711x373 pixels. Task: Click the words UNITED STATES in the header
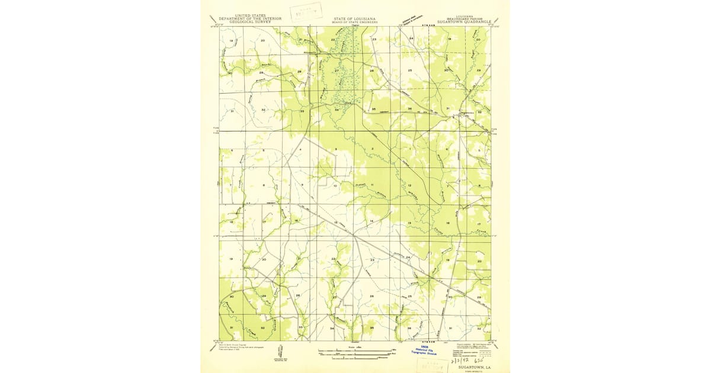[250, 15]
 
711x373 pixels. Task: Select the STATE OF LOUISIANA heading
[355, 18]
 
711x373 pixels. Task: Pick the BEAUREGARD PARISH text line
[465, 18]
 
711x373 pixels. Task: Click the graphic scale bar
[354, 353]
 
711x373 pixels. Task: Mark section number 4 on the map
[300, 150]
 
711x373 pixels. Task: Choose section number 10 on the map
[335, 186]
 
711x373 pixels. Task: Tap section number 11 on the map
[372, 185]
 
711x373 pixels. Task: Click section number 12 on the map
[409, 185]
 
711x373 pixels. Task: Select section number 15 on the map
[335, 222]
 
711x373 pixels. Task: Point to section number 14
[371, 221]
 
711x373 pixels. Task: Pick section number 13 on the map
[409, 223]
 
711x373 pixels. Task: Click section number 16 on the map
[296, 221]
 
